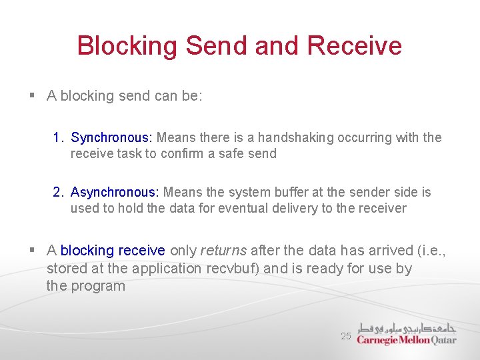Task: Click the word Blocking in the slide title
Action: point(127,46)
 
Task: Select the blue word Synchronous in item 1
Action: point(111,137)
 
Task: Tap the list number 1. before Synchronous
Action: point(58,137)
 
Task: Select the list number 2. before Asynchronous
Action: point(58,192)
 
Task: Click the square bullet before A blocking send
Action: point(32,96)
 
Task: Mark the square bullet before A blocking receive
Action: point(32,251)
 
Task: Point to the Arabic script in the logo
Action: point(407,327)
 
